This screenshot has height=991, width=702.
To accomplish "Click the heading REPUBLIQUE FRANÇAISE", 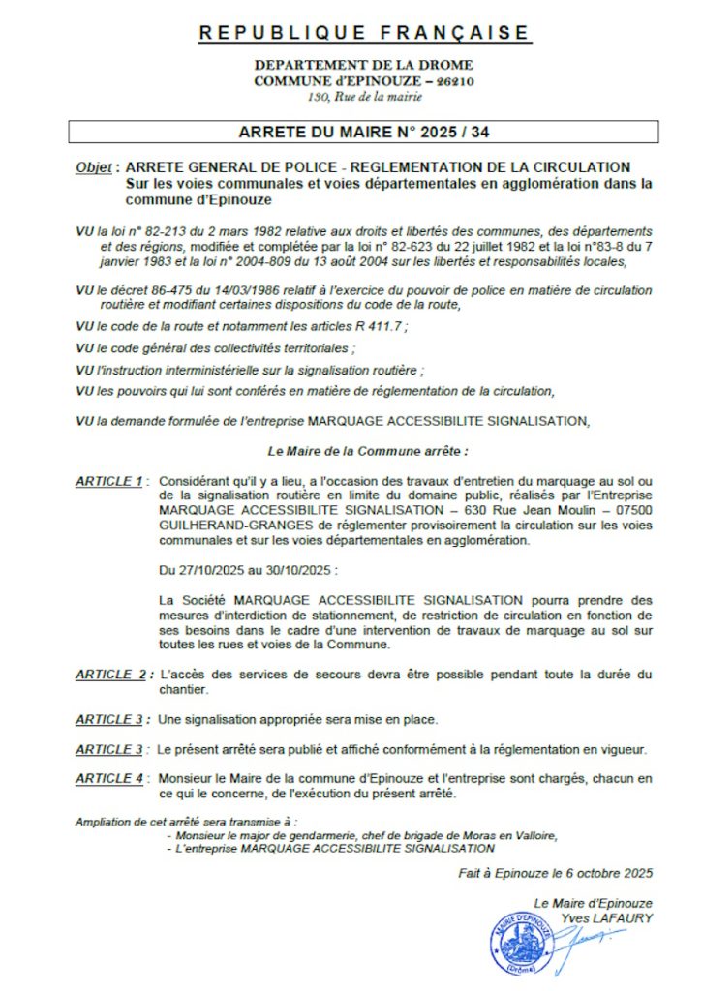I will (364, 34).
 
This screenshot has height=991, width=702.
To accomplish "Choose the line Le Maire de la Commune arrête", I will (366, 452).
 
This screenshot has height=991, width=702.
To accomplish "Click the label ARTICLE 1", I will (108, 481).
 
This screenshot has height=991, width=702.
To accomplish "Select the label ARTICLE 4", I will (109, 777).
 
